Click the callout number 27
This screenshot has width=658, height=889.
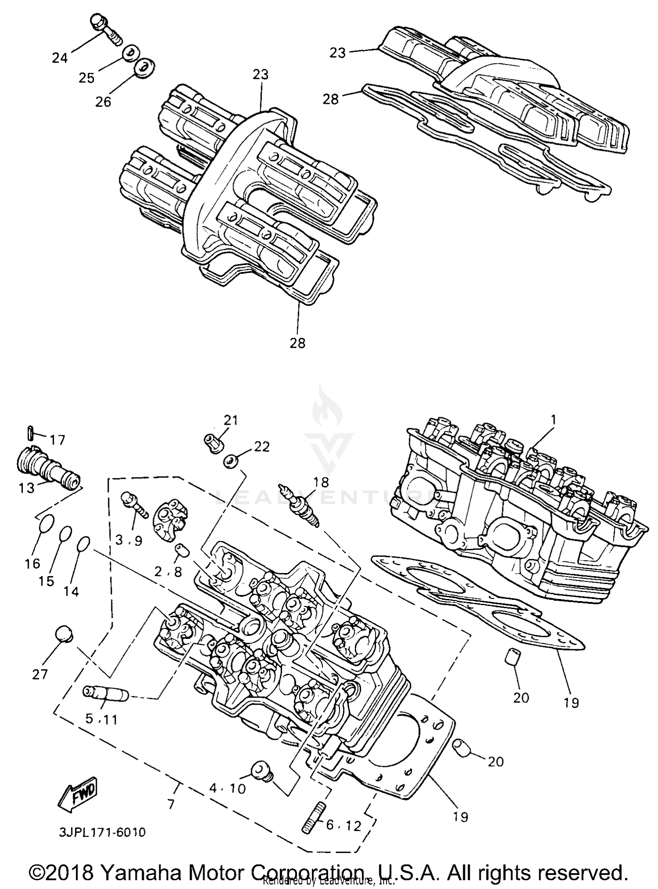pos(39,674)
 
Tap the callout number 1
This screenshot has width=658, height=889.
pos(553,420)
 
